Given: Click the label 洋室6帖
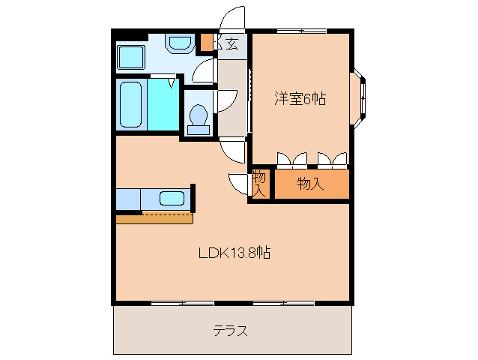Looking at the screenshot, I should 299,98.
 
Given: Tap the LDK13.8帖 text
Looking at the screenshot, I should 234,253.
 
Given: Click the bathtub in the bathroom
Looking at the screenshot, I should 130,105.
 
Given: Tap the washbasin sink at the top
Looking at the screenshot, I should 180,43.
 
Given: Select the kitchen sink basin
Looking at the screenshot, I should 172,199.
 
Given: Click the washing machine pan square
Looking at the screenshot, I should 132,55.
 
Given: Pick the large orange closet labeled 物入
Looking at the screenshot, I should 311,184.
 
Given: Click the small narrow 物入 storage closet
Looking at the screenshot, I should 259,184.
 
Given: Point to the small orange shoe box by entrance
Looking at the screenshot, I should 206,42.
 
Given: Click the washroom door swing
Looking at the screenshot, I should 203,70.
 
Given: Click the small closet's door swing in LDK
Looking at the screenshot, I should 240,184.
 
